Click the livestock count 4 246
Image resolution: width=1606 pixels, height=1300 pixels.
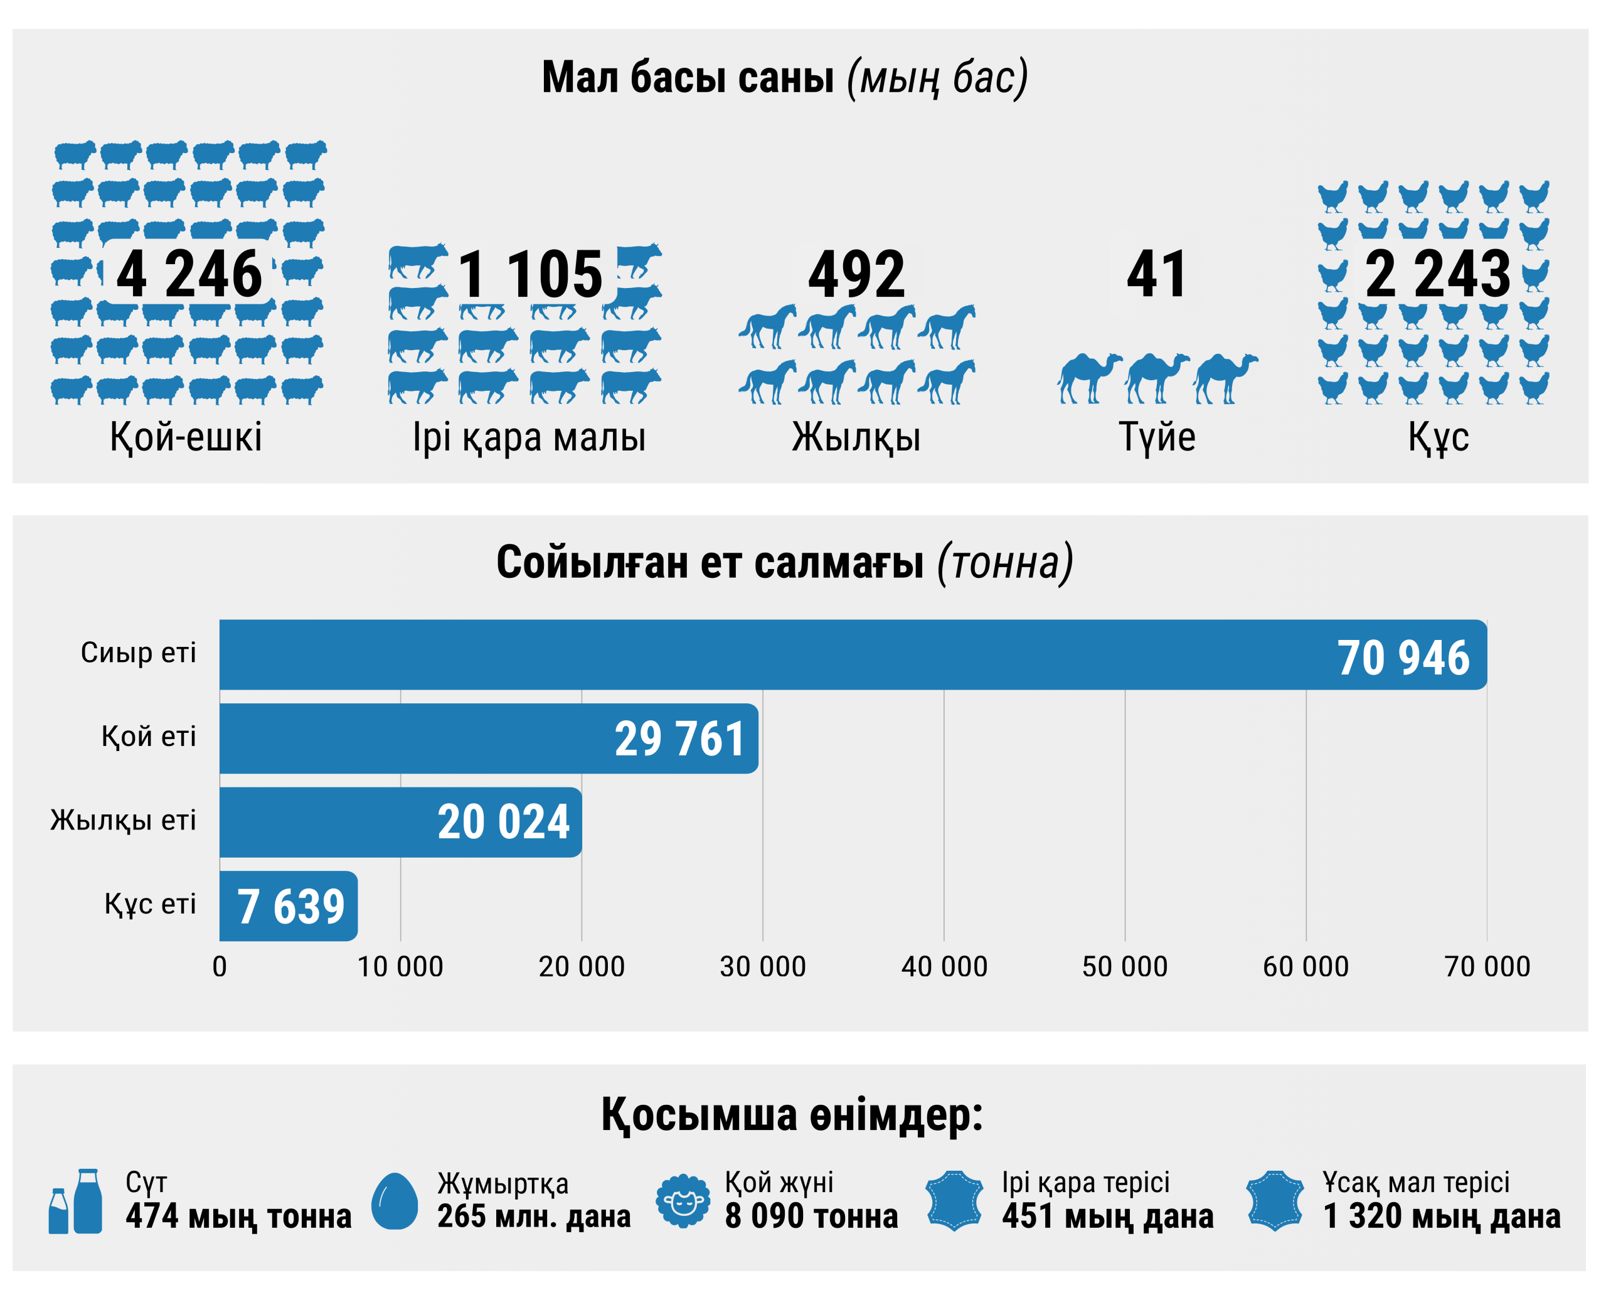click(189, 274)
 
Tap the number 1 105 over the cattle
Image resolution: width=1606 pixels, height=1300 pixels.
click(530, 274)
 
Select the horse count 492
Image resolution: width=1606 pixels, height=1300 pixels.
click(856, 274)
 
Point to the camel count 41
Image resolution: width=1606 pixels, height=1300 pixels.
click(1157, 274)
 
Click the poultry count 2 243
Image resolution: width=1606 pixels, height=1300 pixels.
click(1437, 274)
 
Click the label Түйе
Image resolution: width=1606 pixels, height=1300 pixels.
click(1157, 437)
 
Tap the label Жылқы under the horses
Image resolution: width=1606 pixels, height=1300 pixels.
click(856, 437)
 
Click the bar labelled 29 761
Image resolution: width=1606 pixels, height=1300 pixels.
click(489, 738)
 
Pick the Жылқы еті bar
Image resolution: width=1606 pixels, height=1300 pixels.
click(401, 823)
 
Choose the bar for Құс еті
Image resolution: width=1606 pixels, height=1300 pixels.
click(288, 906)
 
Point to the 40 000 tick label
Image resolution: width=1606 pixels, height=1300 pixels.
click(944, 967)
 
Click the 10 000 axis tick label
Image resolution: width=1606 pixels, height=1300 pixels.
click(401, 967)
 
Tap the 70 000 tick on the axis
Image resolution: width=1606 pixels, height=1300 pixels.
click(1487, 967)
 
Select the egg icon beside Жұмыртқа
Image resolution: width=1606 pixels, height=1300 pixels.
click(395, 1201)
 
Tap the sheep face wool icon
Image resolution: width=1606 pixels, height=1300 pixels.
click(683, 1201)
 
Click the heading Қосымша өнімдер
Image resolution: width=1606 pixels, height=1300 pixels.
click(792, 1115)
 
